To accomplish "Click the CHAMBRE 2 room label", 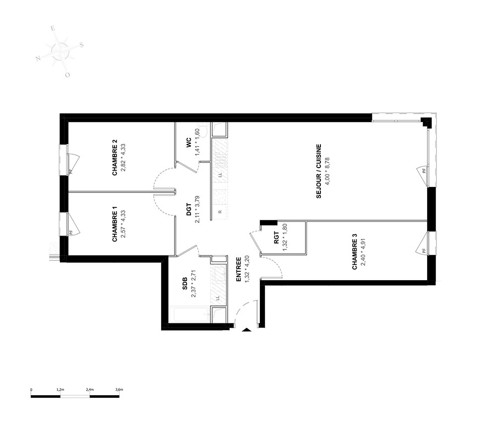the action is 115,158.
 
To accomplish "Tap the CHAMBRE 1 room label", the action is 115,224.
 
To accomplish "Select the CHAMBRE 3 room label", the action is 355,251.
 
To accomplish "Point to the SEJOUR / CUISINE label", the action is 319,171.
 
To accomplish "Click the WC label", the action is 189,142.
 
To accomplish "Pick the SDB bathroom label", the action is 185,283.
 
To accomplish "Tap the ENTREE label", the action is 239,269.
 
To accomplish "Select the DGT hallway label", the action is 189,209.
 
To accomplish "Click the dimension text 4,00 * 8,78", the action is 327,171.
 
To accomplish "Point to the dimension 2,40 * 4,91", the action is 363,251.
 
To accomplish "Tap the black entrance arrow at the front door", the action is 247,330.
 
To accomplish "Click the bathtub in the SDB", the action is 188,314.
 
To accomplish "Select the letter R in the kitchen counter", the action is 220,212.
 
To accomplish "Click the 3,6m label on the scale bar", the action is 119,390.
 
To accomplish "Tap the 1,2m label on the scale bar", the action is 61,390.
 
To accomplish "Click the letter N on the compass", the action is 38,58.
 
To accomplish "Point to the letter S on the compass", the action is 81,45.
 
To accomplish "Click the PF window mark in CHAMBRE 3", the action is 424,251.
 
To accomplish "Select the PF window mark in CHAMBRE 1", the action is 71,232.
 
